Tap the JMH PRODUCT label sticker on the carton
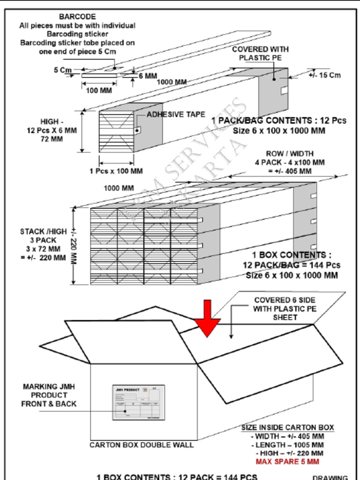(x=138, y=402)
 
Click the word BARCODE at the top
(x=77, y=17)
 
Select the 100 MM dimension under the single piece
(x=99, y=90)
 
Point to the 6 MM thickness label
(x=148, y=76)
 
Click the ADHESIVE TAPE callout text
(x=176, y=114)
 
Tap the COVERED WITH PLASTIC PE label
(x=260, y=53)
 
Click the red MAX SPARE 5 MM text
(x=287, y=462)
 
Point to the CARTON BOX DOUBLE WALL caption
(x=142, y=445)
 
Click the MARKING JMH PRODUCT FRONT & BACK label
(x=49, y=395)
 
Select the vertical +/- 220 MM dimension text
(x=74, y=246)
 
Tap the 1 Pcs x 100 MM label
(x=116, y=171)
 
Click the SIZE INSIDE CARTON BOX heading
(x=288, y=427)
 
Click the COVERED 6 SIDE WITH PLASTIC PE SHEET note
(x=285, y=308)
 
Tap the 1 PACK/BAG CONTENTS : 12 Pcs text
(x=279, y=121)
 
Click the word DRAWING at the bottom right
(x=330, y=477)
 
